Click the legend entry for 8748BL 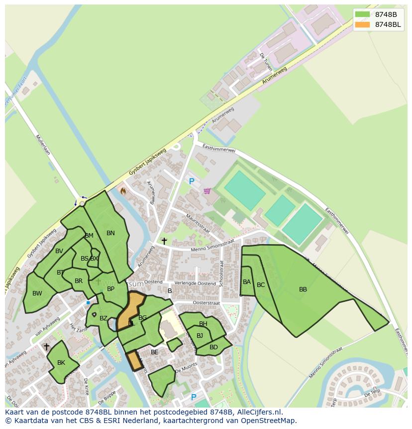click(388, 24)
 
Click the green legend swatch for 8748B click(363, 14)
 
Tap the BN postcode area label click(110, 233)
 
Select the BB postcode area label click(303, 289)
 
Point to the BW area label click(37, 293)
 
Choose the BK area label click(61, 362)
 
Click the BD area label click(213, 347)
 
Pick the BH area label click(203, 324)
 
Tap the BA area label click(247, 282)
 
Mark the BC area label click(261, 285)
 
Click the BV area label click(59, 251)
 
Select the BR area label click(79, 281)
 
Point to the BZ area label click(103, 318)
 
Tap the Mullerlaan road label click(43, 145)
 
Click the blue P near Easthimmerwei click(192, 182)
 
